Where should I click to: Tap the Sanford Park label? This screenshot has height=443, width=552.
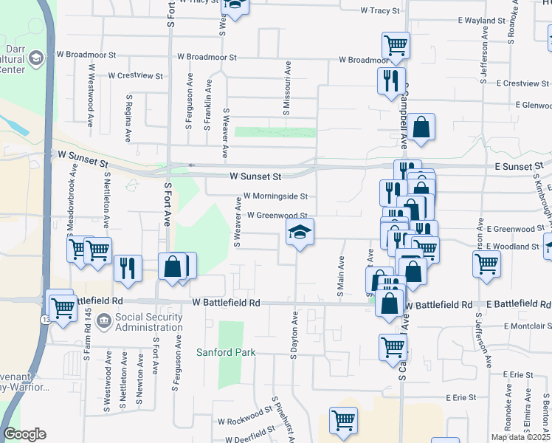tap(225, 352)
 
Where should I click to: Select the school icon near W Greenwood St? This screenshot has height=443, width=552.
tap(300, 233)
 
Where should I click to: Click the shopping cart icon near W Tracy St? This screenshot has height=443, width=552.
tap(396, 45)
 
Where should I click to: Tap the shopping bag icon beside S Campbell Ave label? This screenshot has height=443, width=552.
tap(421, 127)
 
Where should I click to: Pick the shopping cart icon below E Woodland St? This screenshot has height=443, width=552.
tap(486, 263)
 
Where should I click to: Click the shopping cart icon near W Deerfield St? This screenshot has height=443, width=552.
tap(343, 420)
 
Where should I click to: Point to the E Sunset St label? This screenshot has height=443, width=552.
tap(520, 167)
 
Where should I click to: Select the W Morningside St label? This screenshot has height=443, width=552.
tap(275, 196)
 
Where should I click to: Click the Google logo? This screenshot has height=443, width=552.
tap(25, 434)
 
